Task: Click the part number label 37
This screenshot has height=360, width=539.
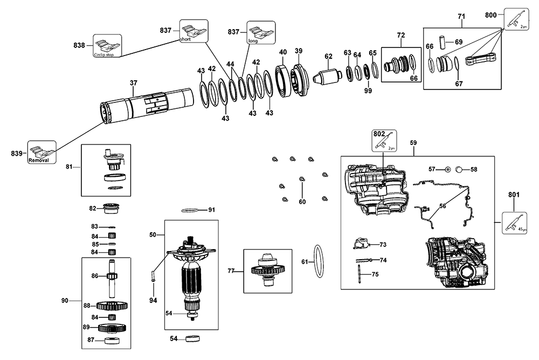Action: [134, 83]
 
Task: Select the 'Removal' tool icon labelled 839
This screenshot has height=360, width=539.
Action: [42, 154]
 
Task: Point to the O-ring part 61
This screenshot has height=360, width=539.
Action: [319, 261]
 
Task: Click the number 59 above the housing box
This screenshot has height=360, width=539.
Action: [413, 143]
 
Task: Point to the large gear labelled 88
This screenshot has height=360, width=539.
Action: [112, 306]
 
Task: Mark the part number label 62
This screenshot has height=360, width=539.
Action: [328, 56]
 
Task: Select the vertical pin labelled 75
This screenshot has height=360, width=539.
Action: [358, 274]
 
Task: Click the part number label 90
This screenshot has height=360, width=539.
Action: [65, 300]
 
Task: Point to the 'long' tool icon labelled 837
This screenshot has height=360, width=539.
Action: [260, 32]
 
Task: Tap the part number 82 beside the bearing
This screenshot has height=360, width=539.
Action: [93, 208]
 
